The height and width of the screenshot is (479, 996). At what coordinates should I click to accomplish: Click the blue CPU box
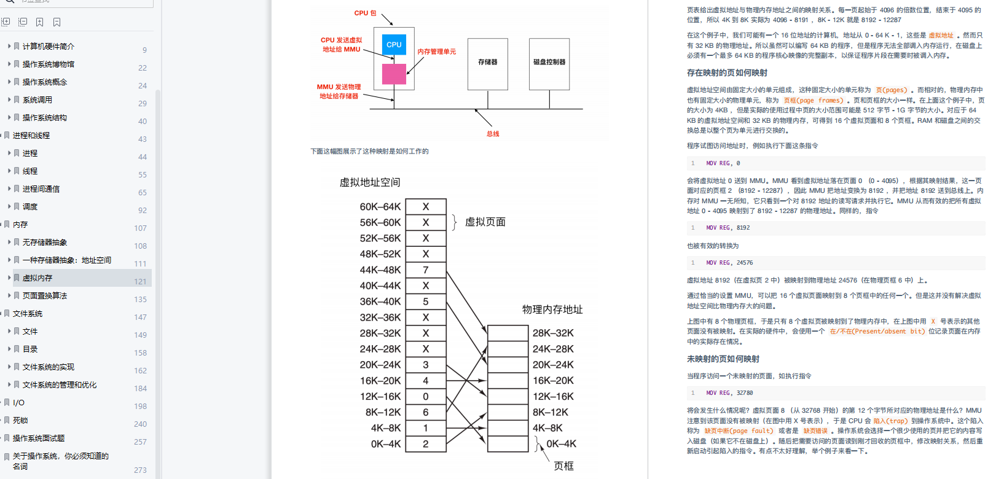point(394,45)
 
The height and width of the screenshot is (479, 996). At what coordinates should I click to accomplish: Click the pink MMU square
point(394,74)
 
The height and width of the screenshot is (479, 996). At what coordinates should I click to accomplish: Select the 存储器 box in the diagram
point(488,63)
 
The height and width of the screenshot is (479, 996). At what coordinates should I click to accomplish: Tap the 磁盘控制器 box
point(549,63)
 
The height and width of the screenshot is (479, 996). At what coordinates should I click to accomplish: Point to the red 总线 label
point(493,134)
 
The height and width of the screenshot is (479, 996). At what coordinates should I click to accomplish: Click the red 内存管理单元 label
point(437,52)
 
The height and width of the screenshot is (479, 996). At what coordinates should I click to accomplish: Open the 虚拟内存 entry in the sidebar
point(37,278)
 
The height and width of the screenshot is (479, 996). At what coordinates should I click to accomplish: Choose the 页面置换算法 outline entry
point(45,296)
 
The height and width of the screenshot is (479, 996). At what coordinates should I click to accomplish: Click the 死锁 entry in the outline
point(20,421)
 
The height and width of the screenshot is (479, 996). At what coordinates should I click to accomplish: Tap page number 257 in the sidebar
point(140,442)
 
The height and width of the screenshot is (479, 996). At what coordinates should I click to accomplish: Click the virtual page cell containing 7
point(426,270)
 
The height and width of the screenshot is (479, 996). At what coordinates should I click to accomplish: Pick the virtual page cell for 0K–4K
point(426,444)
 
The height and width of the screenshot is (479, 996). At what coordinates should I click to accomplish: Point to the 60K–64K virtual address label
point(380,207)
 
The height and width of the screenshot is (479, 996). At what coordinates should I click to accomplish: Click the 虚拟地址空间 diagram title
point(370,182)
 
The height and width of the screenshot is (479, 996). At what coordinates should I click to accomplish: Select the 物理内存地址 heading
point(552,310)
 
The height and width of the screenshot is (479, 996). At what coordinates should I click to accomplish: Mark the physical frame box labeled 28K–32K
point(508,333)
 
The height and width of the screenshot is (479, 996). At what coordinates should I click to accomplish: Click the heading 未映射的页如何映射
point(723,359)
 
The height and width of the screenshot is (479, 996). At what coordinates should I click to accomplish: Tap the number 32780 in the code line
point(745,393)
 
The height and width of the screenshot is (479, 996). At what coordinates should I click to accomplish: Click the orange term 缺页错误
point(815,431)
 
